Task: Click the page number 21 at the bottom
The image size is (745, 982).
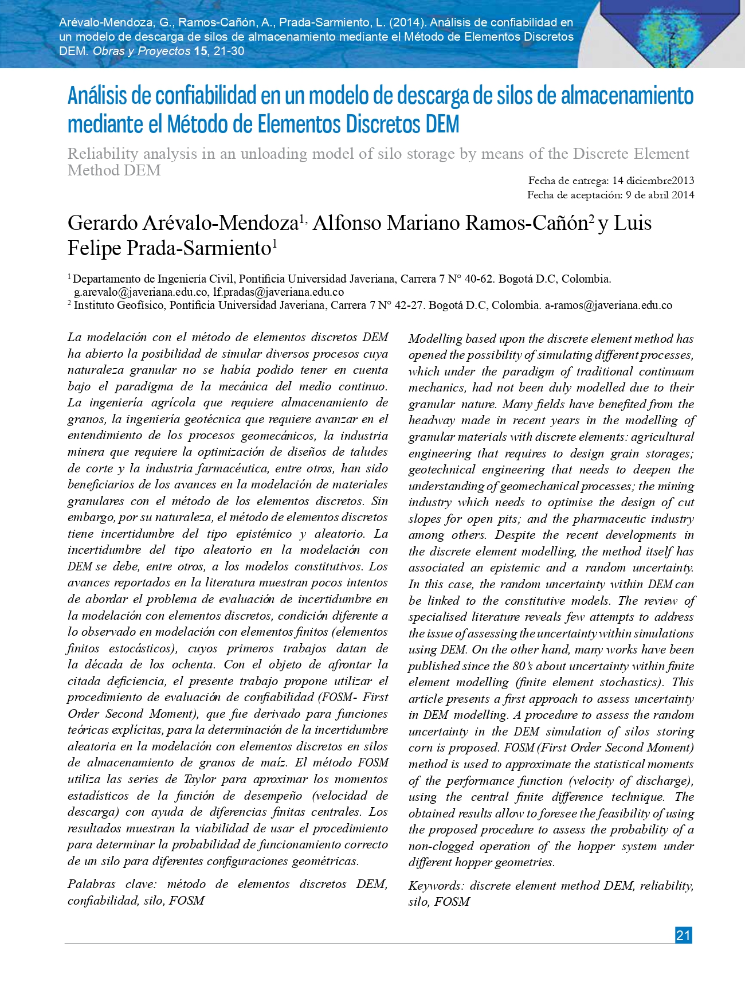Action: pyautogui.click(x=683, y=935)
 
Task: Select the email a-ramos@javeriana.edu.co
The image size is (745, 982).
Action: pyautogui.click(x=608, y=306)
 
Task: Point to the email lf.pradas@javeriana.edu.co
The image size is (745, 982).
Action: pyautogui.click(x=279, y=292)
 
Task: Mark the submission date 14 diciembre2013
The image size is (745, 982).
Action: pyautogui.click(x=653, y=181)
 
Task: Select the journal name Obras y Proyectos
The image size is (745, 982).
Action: pyautogui.click(x=142, y=51)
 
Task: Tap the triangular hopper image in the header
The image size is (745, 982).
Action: pyautogui.click(x=670, y=32)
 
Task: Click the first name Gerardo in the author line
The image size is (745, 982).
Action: pyautogui.click(x=103, y=223)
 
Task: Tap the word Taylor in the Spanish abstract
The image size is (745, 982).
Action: pyautogui.click(x=200, y=779)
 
